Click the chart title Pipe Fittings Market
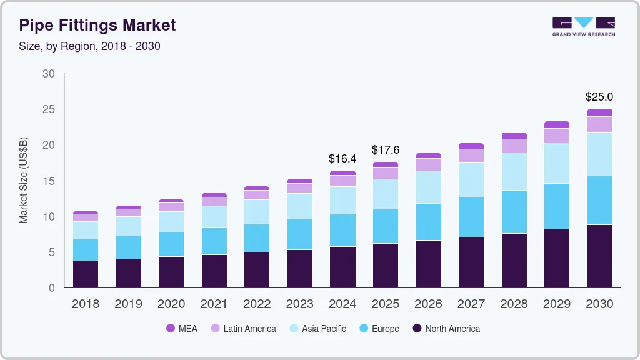97,25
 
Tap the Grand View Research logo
583,26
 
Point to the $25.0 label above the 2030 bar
599,97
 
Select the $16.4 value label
342,159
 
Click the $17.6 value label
385,150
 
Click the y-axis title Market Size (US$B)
24,181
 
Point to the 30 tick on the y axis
48,74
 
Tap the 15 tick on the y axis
48,181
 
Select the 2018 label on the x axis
85,304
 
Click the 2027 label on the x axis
471,304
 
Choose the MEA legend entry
182,329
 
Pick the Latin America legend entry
243,329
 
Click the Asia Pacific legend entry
317,329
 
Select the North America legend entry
446,329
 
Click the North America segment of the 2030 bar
599,256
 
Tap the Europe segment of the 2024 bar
342,231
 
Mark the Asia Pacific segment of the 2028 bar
514,172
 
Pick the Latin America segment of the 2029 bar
556,136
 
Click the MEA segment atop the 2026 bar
428,156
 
